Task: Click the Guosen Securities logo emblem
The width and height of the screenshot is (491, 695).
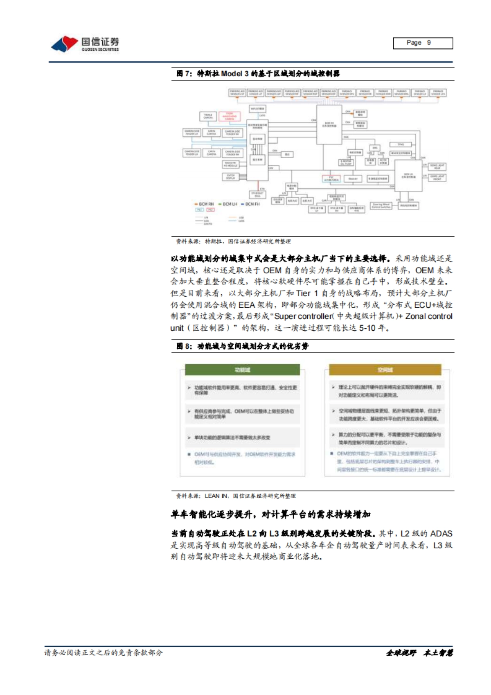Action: [x=64, y=44]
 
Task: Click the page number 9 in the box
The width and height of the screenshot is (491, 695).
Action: [x=428, y=43]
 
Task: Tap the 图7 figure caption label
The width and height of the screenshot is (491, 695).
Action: [x=184, y=74]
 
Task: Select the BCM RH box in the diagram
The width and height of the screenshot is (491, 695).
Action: [x=329, y=124]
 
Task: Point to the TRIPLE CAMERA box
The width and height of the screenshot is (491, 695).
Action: [x=208, y=117]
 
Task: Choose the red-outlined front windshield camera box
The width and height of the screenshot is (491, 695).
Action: [x=229, y=117]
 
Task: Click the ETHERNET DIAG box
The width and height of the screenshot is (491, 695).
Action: [x=257, y=194]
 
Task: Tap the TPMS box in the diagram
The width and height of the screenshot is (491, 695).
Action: [x=401, y=144]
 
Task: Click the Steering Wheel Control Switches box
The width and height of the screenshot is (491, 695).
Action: [x=381, y=206]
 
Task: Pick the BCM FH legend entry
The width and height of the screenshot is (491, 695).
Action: [x=250, y=204]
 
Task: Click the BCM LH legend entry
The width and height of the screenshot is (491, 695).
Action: [x=228, y=204]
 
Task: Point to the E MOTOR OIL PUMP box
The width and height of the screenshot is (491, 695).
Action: [x=347, y=162]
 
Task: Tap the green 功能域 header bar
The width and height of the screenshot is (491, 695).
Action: [x=242, y=370]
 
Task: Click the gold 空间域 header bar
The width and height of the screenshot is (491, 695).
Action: [x=385, y=370]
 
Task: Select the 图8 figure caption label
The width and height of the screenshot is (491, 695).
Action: [x=184, y=346]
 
